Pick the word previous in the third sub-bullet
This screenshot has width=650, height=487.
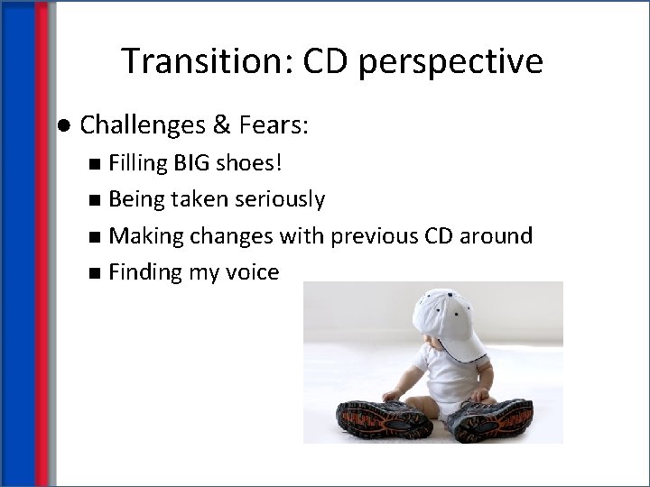tap(373, 235)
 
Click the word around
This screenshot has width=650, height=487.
tap(496, 235)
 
